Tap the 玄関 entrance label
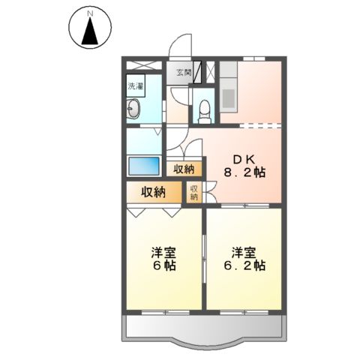coord(184,73)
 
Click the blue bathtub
coord(142,164)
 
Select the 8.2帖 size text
coord(245,173)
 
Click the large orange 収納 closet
coord(154,192)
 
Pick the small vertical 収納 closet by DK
coord(193,193)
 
